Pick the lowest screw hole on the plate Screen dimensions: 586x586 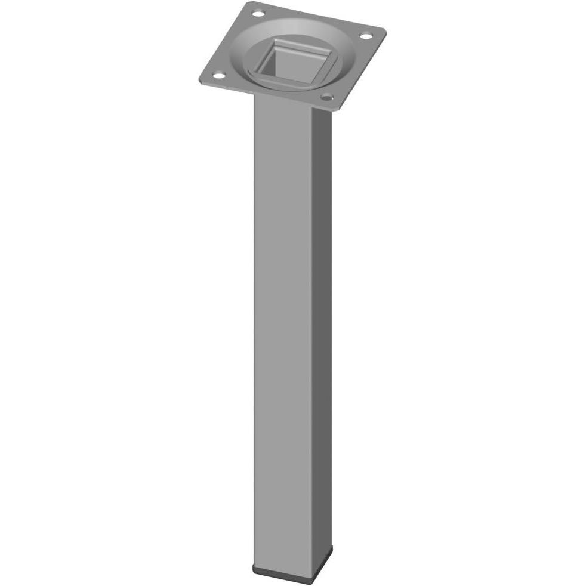(326, 96)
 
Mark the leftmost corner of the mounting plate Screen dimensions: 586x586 (199, 81)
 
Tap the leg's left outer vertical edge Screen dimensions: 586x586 (254, 328)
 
